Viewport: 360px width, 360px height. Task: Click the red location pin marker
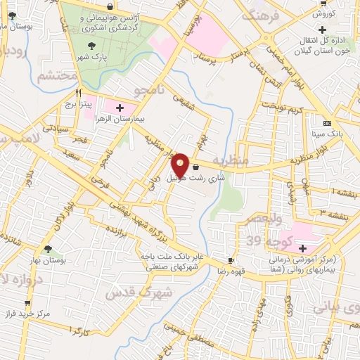click(181, 165)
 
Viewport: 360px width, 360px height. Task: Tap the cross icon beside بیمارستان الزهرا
click(119, 108)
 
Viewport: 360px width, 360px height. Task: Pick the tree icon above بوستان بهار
click(48, 249)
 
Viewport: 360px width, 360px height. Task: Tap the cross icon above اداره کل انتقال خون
click(323, 30)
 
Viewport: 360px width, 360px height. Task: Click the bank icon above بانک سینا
click(326, 123)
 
